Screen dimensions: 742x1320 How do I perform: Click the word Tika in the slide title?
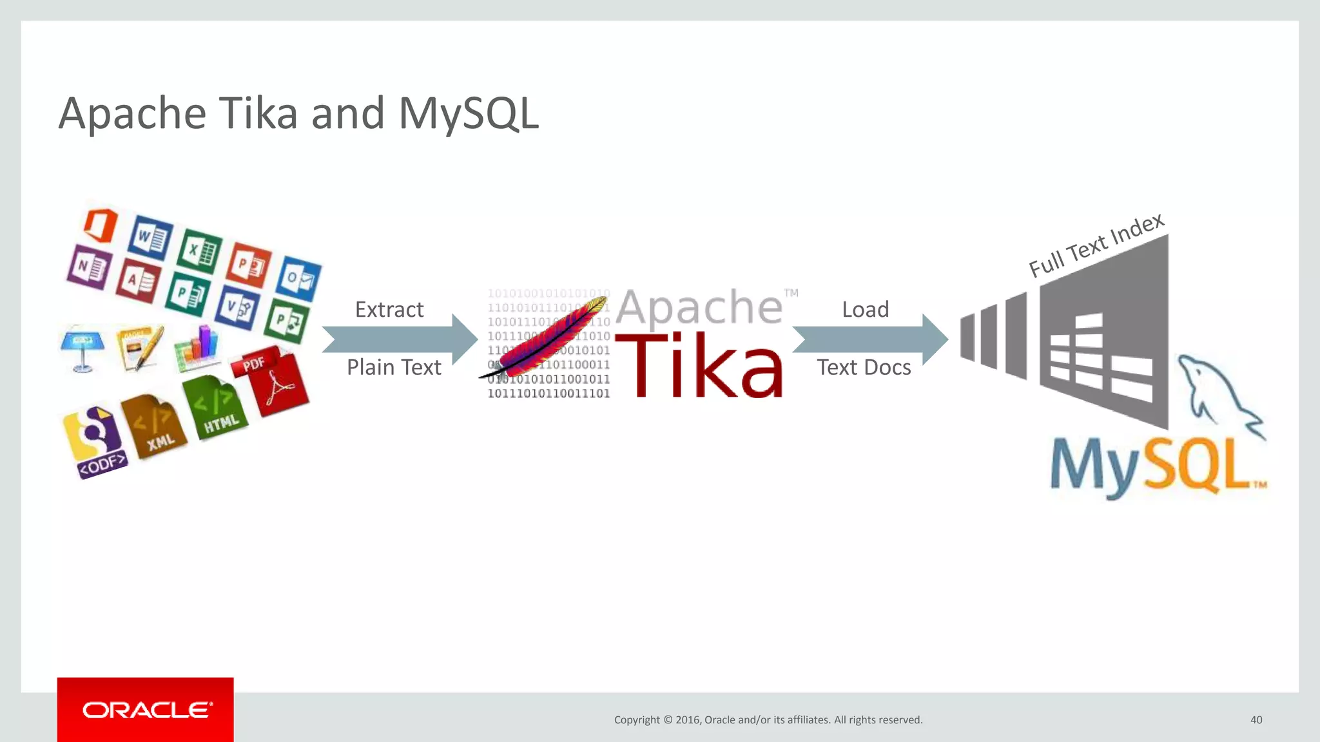coord(259,113)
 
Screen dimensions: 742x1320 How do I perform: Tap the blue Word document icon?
coord(150,237)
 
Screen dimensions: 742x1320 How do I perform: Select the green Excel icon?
coord(199,249)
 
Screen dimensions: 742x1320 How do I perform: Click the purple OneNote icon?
coord(88,266)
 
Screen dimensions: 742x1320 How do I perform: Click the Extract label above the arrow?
coord(389,310)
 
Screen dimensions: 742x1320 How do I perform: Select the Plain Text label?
coord(394,368)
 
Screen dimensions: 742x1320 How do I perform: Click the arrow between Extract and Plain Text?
coord(400,339)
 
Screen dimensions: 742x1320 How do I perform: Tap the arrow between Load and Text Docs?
coord(870,339)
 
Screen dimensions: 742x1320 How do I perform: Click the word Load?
coord(865,310)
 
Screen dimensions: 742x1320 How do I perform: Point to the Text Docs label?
coord(864,368)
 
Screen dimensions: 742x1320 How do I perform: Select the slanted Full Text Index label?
coord(1096,245)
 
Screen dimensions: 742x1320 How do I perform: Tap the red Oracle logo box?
coord(145,710)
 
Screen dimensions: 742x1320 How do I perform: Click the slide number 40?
coord(1256,720)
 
